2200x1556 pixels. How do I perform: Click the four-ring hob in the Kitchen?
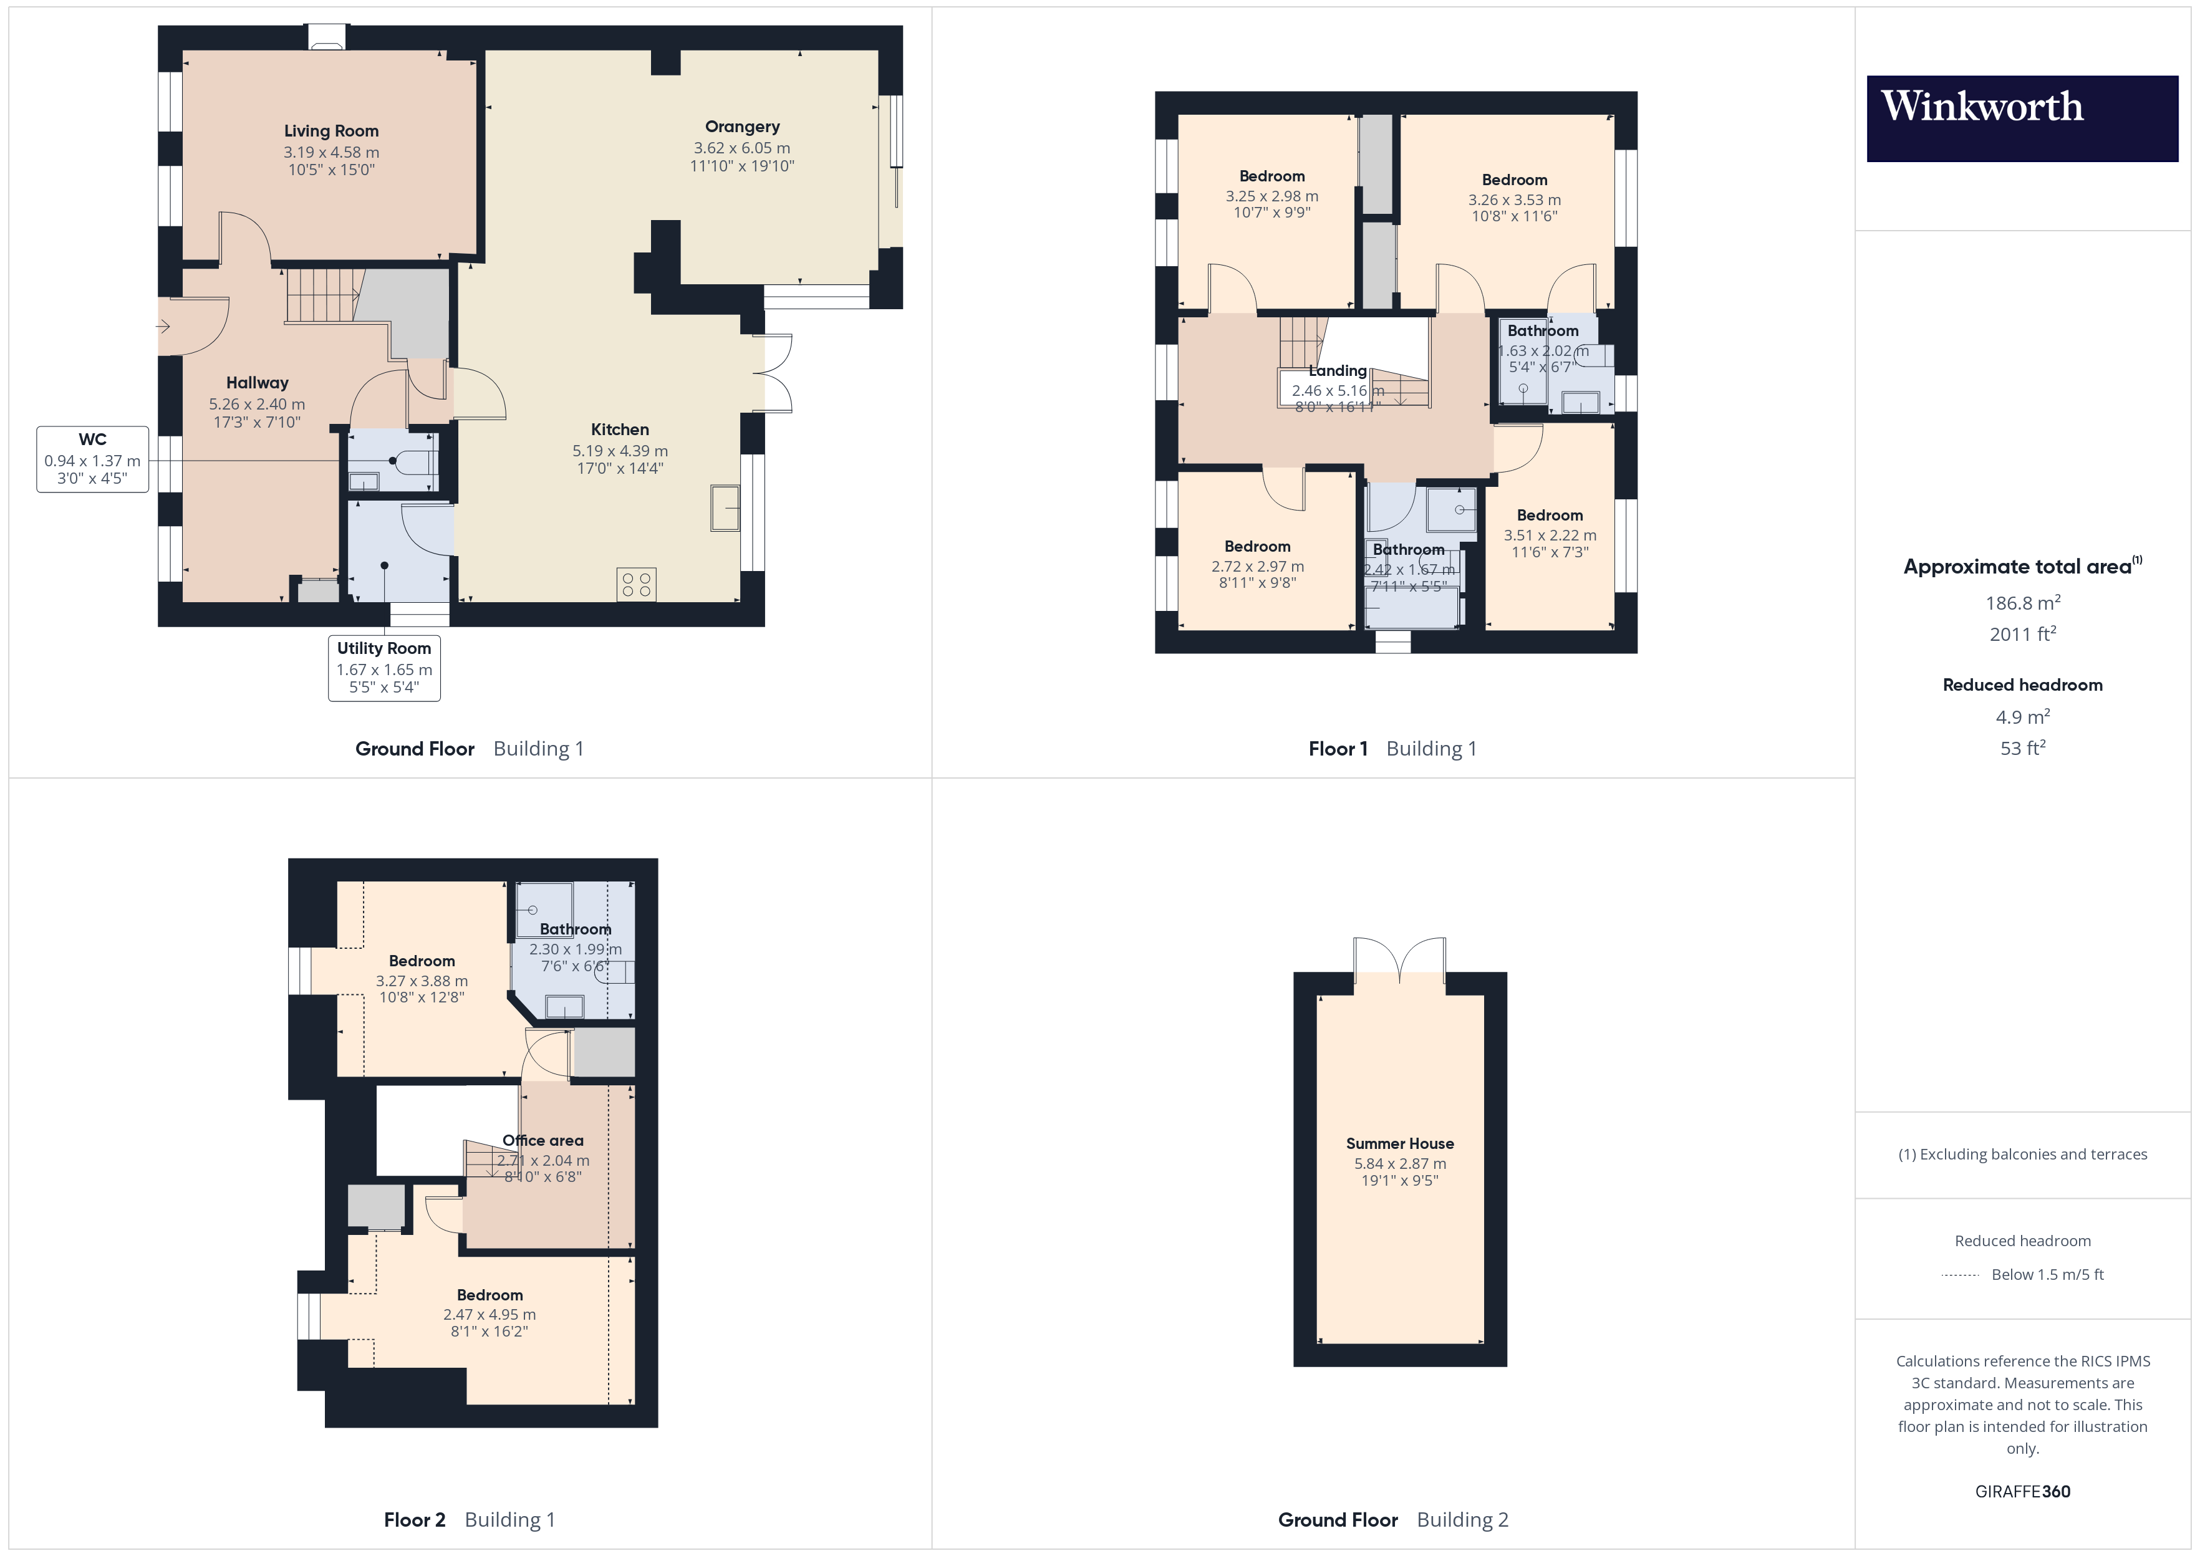click(x=636, y=585)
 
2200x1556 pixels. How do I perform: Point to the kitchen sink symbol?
click(x=725, y=508)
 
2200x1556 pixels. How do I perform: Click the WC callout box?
click(x=92, y=459)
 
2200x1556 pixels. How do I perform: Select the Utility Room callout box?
click(x=384, y=668)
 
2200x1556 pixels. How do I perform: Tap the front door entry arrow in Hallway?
click(x=164, y=327)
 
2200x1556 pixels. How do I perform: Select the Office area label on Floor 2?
click(x=543, y=1140)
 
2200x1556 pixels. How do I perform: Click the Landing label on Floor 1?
click(x=1338, y=371)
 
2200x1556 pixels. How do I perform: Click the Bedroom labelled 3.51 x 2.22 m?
click(x=1550, y=516)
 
